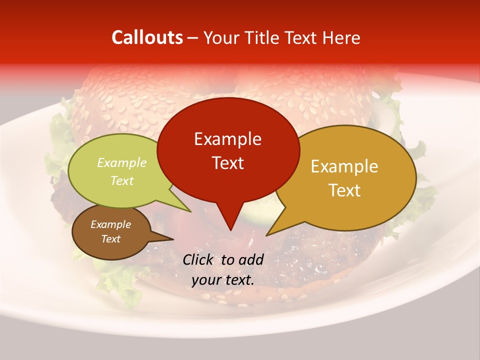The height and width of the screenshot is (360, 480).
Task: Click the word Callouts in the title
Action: pyautogui.click(x=147, y=37)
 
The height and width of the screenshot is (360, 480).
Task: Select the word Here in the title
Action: pyautogui.click(x=340, y=37)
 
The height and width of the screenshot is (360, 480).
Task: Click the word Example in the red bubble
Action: pyautogui.click(x=227, y=139)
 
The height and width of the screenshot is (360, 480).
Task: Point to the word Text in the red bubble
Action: pyautogui.click(x=227, y=163)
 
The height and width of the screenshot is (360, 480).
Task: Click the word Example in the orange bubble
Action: pyautogui.click(x=344, y=166)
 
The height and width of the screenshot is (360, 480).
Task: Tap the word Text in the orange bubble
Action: pyautogui.click(x=344, y=190)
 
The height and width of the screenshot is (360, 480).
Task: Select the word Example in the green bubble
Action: pyautogui.click(x=122, y=163)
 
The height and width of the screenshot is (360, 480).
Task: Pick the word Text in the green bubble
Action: pyautogui.click(x=122, y=181)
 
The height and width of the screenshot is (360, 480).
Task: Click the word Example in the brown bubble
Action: pyautogui.click(x=110, y=224)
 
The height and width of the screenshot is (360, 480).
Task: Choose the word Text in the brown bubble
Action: pyautogui.click(x=110, y=239)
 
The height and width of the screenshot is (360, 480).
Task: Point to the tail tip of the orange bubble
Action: pyautogui.click(x=267, y=234)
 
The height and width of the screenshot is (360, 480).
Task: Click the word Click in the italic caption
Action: pyautogui.click(x=199, y=259)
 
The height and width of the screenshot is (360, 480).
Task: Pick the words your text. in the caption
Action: pyautogui.click(x=223, y=280)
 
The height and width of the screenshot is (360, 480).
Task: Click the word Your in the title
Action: pyautogui.click(x=221, y=37)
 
